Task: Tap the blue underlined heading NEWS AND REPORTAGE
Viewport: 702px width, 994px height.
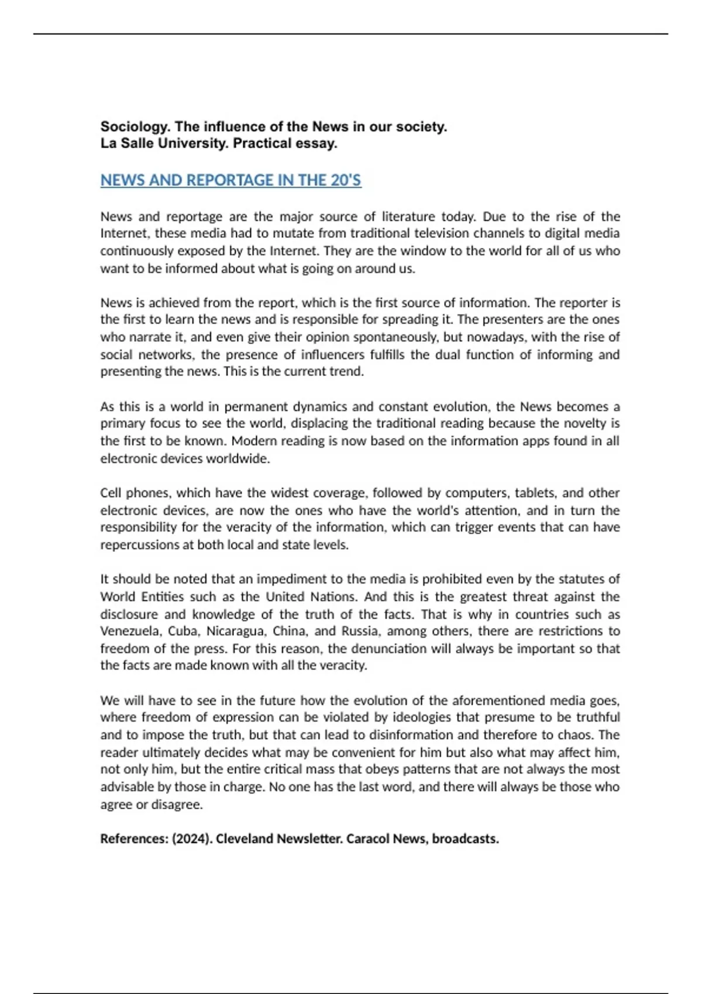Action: point(230,180)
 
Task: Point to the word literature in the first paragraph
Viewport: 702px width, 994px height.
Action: point(408,217)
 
